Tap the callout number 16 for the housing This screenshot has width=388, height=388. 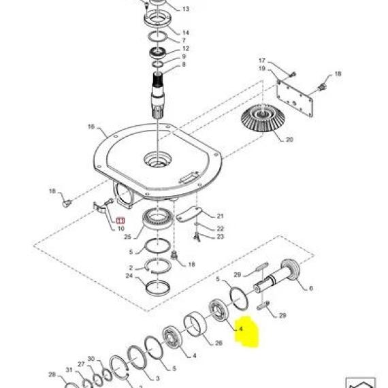(91, 127)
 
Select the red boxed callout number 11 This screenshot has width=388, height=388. (120, 220)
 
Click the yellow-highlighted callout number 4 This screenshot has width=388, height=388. (240, 329)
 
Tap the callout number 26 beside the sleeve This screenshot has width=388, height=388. (219, 342)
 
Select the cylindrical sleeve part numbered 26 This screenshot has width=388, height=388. (195, 323)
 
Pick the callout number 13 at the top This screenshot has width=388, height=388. (186, 9)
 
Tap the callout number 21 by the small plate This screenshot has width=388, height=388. (221, 216)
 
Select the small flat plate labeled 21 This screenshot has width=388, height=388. (189, 214)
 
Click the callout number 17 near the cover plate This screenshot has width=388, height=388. (262, 61)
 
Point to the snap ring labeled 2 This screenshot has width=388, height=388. (158, 265)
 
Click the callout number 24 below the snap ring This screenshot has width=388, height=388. (129, 276)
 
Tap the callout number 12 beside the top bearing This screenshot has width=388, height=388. (186, 48)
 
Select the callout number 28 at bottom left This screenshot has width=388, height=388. (52, 374)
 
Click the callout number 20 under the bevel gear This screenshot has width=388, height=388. (289, 140)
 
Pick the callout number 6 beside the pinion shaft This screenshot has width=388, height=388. (311, 288)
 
